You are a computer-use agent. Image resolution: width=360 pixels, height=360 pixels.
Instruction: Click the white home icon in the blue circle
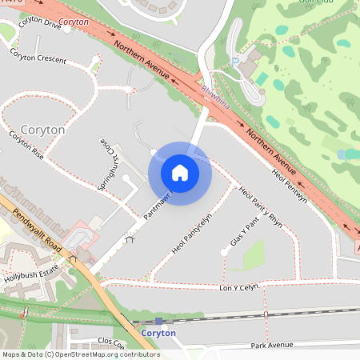click(180, 173)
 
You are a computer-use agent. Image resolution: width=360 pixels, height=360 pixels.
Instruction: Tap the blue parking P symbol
click(234, 60)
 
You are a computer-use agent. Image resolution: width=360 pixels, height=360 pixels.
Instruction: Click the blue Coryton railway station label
click(158, 333)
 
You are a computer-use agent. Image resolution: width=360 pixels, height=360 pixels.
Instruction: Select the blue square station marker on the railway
click(158, 321)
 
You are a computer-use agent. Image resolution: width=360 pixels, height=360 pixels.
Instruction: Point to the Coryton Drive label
click(40, 25)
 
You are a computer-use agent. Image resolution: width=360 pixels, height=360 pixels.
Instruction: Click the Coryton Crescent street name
click(39, 58)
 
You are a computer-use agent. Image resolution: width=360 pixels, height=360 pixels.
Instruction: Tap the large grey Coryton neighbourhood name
click(42, 129)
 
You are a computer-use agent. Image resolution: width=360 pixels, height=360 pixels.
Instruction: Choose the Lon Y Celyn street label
click(240, 286)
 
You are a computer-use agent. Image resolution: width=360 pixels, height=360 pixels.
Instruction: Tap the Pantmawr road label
click(160, 206)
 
